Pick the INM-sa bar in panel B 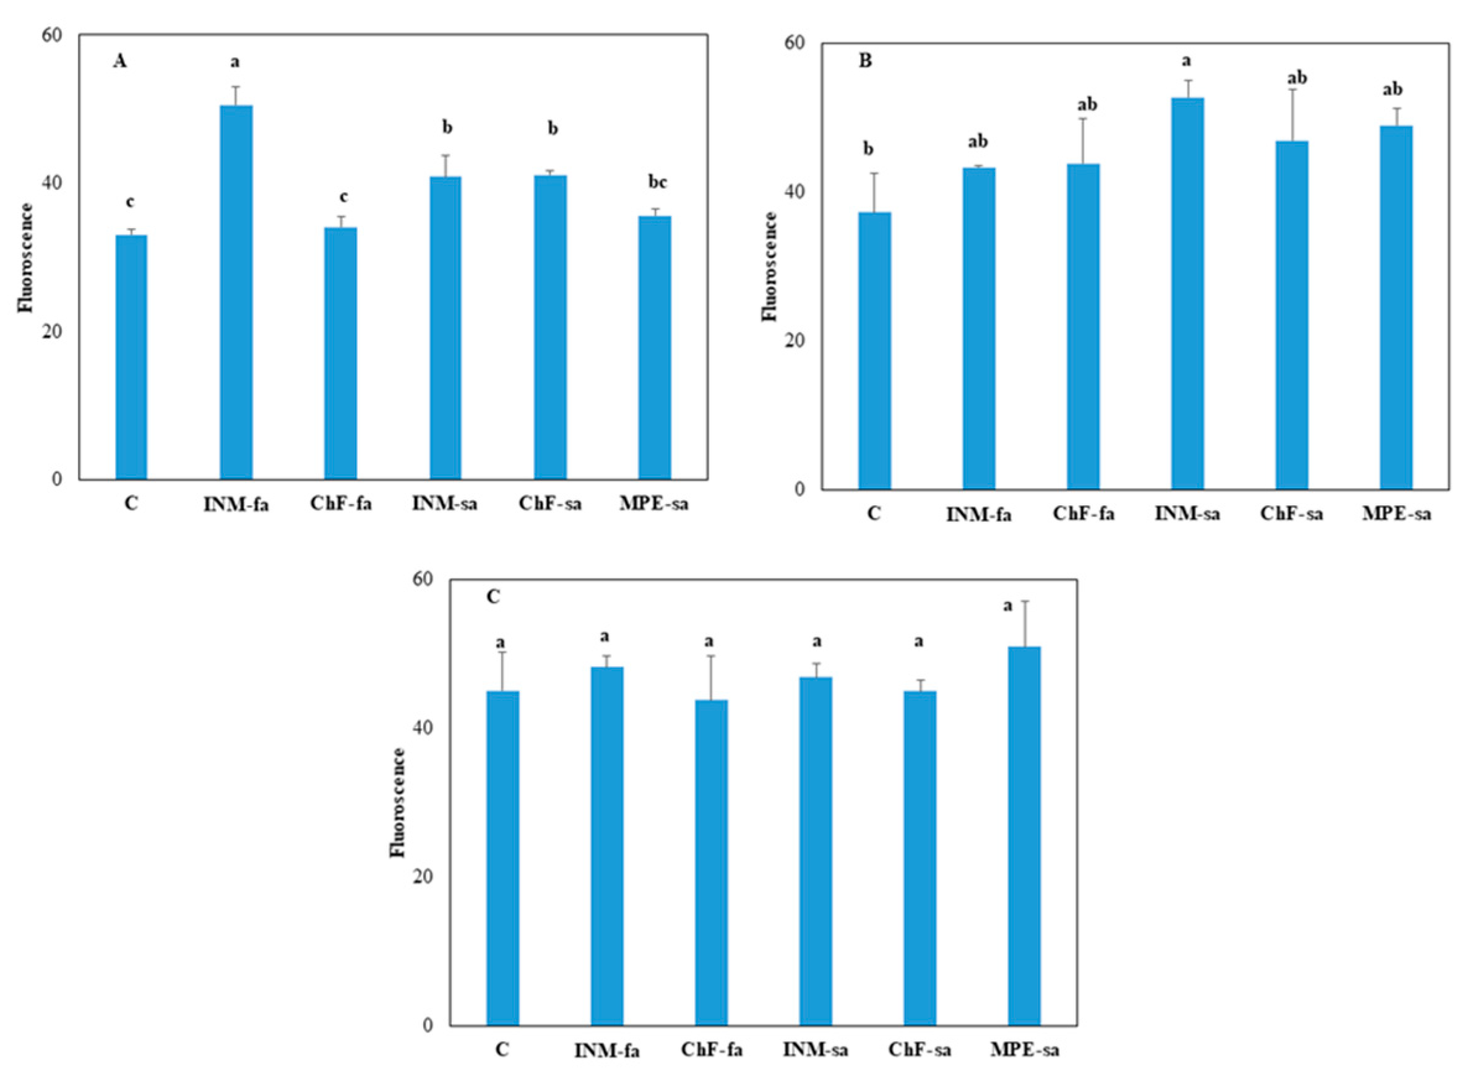1187,293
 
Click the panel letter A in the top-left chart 120,61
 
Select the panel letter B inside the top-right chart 865,61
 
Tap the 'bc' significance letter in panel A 657,182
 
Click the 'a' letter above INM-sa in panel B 1187,61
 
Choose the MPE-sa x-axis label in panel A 653,504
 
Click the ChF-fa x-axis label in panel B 1083,513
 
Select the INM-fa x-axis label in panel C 606,1051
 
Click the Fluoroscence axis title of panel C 398,802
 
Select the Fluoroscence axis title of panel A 25,257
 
